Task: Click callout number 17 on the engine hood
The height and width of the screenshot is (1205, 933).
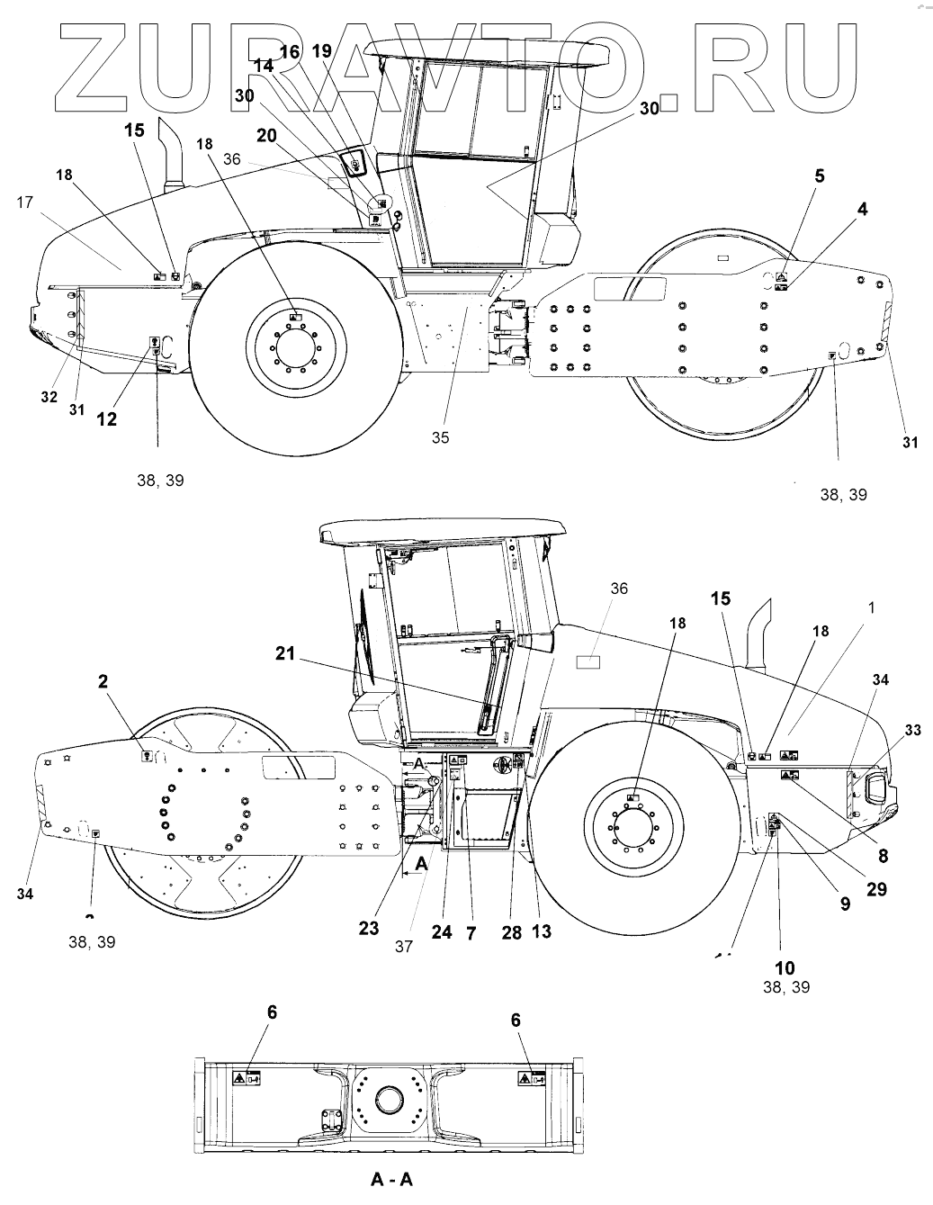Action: (x=24, y=203)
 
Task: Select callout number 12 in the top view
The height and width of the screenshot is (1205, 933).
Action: (x=108, y=418)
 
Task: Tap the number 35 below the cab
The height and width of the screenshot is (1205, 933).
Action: (x=440, y=438)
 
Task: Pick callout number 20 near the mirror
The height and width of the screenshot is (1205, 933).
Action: (x=265, y=135)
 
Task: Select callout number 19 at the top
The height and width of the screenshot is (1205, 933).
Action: (x=321, y=51)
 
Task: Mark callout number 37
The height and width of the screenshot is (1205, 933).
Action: (x=403, y=946)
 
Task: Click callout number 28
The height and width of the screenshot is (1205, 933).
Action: (x=511, y=932)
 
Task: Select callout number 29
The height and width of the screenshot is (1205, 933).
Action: (x=875, y=889)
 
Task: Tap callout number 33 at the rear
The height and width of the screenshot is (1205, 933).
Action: (x=912, y=731)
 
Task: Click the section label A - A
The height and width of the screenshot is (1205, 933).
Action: (x=392, y=1179)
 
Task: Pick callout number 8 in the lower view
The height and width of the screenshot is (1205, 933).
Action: (x=883, y=857)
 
